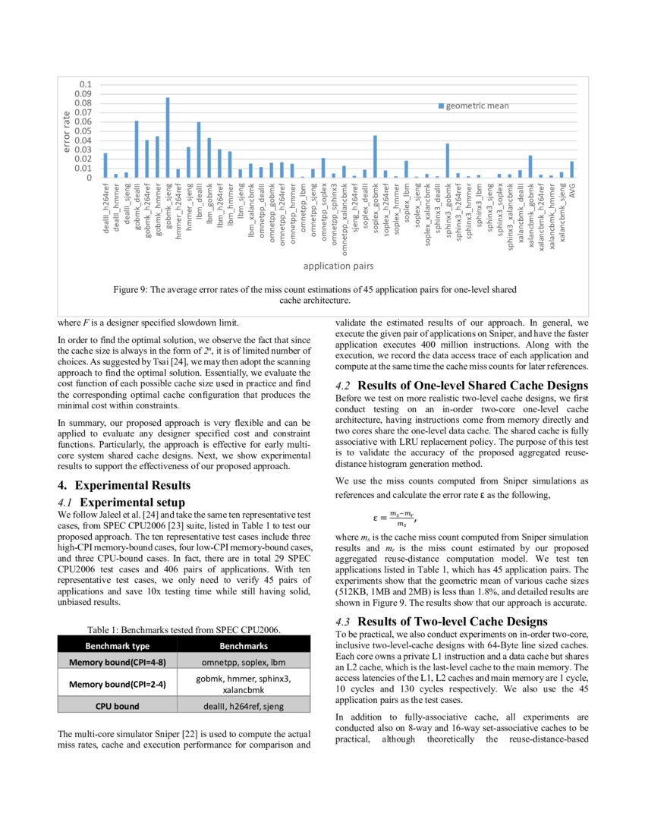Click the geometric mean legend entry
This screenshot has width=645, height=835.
pos(477,106)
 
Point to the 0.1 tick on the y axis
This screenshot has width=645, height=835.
pos(86,84)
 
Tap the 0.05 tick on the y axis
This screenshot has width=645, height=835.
pos(83,131)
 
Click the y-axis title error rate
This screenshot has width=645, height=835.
pos(67,131)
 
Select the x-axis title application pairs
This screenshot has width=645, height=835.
pos(338,266)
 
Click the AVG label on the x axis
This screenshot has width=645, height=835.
pos(573,191)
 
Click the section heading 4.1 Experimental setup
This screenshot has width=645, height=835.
pos(121,502)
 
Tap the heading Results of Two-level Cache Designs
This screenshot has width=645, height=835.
pos(442,622)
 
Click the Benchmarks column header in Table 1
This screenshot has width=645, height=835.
pos(244,646)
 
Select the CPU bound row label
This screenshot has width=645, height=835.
pos(117,706)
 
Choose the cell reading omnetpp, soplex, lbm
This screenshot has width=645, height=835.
pos(244,662)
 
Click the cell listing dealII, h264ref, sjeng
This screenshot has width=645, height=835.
pos(244,706)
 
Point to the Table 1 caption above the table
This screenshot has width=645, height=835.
pos(184,629)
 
